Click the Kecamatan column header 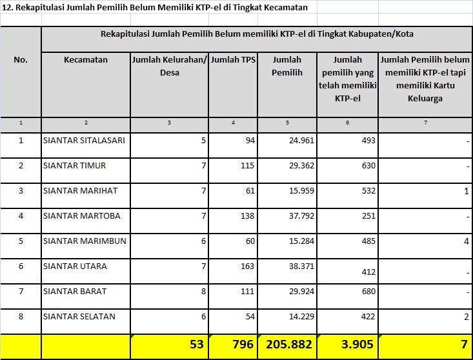[86, 60]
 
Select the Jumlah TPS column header [233, 60]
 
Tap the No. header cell [21, 59]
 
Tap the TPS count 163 [247, 266]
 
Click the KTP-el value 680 [368, 292]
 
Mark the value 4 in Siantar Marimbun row [465, 241]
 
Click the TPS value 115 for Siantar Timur [247, 166]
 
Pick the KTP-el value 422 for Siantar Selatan [368, 317]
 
